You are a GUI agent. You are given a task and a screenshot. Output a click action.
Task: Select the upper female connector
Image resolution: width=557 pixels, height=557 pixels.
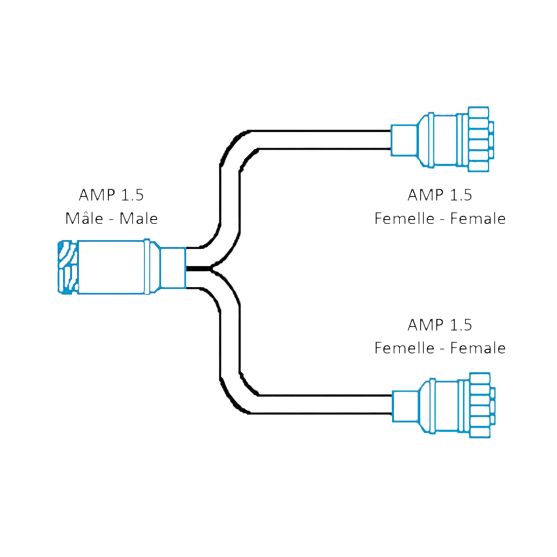tap(442, 139)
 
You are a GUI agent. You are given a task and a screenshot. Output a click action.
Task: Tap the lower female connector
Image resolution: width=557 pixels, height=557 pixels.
tap(444, 406)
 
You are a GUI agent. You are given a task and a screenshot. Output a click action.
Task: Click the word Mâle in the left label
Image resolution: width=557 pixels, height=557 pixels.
tap(84, 218)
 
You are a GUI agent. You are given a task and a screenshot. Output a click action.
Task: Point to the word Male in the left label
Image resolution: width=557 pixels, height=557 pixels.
tap(138, 218)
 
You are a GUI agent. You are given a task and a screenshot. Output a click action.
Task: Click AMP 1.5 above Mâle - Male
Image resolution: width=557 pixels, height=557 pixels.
tap(111, 195)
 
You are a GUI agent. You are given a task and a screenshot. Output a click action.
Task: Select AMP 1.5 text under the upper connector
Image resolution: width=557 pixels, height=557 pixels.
tap(440, 195)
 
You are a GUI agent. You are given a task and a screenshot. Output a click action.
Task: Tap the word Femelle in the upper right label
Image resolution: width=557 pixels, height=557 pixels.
tap(404, 218)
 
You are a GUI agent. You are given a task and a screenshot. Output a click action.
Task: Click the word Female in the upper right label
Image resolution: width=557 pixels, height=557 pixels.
tap(477, 218)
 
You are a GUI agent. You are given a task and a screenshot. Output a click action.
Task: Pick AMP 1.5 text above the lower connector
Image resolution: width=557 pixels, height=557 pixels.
tap(440, 325)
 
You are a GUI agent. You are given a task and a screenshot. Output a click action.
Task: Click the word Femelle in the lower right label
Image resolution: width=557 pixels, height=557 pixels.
tap(404, 348)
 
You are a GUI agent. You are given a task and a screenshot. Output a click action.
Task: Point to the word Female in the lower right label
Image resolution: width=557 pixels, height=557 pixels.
tap(477, 348)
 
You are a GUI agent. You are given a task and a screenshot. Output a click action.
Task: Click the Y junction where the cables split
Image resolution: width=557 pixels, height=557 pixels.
tap(210, 268)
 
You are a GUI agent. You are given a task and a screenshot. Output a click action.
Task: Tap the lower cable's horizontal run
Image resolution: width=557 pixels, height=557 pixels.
tap(322, 405)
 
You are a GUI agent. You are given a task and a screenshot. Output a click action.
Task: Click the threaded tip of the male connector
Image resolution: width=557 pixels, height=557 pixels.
tap(67, 267)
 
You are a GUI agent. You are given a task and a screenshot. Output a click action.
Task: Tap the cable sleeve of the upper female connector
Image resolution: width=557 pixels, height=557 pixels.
tap(403, 140)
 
